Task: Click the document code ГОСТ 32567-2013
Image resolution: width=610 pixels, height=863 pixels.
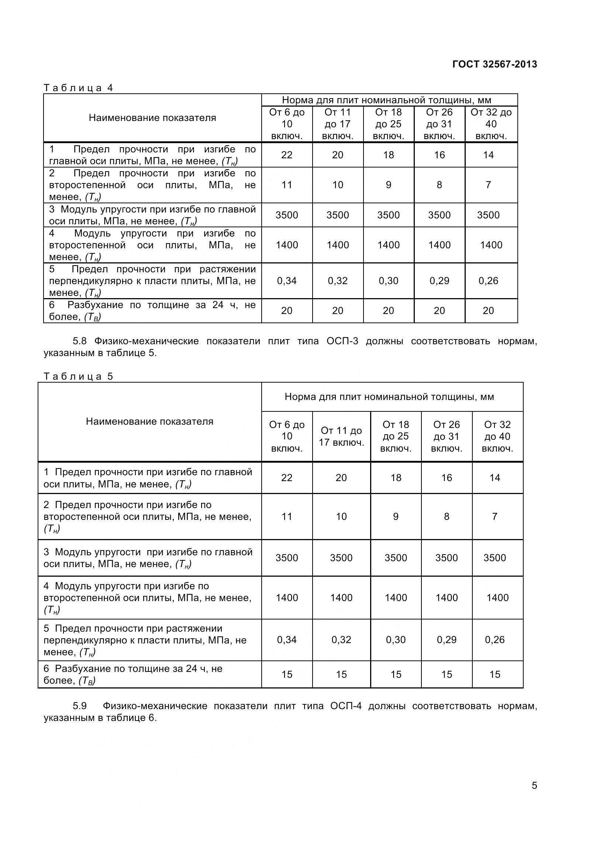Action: (x=494, y=64)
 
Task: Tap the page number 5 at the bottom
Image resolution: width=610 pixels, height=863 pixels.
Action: (x=534, y=786)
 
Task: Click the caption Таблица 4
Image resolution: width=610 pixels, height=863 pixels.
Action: (x=78, y=88)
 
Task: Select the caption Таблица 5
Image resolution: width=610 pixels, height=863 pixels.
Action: (x=78, y=377)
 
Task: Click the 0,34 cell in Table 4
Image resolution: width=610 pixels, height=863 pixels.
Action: (x=287, y=281)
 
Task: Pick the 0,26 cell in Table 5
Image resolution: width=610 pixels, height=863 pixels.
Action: (x=494, y=640)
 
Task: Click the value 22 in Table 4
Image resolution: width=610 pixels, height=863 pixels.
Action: (x=287, y=155)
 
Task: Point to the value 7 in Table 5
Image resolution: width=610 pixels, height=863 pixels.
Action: (x=494, y=517)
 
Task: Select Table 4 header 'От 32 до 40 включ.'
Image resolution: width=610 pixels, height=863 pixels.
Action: (x=491, y=124)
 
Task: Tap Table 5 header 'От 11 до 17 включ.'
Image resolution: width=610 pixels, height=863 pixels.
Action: (x=341, y=436)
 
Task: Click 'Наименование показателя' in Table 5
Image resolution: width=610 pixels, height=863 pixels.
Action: (x=149, y=422)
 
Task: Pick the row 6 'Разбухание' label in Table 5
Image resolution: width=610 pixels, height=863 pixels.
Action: (x=133, y=675)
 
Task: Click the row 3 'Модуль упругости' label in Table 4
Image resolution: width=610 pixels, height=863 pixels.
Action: (x=152, y=215)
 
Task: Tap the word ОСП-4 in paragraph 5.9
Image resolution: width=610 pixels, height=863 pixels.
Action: (x=346, y=706)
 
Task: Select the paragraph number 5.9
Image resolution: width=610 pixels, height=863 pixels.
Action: (x=80, y=706)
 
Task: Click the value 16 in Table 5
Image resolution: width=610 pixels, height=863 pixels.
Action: (x=447, y=478)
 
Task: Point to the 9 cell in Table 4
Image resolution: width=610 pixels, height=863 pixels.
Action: (x=388, y=185)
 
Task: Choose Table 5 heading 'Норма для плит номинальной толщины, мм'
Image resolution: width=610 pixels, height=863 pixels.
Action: (x=389, y=397)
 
